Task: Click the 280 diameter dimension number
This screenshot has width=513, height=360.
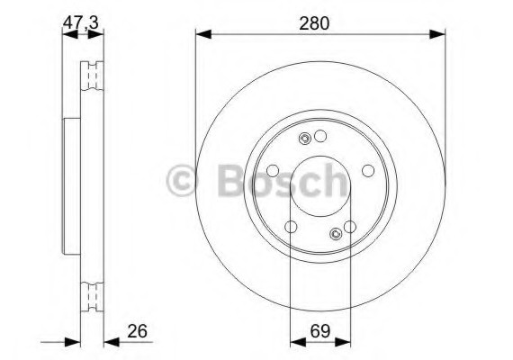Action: pyautogui.click(x=314, y=23)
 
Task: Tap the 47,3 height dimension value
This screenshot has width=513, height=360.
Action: pyautogui.click(x=81, y=23)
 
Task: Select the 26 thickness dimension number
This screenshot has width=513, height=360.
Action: pyautogui.click(x=137, y=331)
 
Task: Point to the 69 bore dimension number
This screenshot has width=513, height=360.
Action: pyautogui.click(x=320, y=331)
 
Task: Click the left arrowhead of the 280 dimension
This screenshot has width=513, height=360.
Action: pyautogui.click(x=203, y=34)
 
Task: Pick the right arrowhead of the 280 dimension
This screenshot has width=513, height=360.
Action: pyautogui.click(x=437, y=34)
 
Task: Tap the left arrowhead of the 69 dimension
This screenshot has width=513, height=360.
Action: pyautogui.click(x=298, y=342)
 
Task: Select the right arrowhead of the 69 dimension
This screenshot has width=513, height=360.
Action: pyautogui.click(x=343, y=342)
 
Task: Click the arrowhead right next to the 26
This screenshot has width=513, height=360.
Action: pyautogui.click(x=112, y=342)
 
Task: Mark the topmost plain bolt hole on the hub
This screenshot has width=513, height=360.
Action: pyautogui.click(x=320, y=136)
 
